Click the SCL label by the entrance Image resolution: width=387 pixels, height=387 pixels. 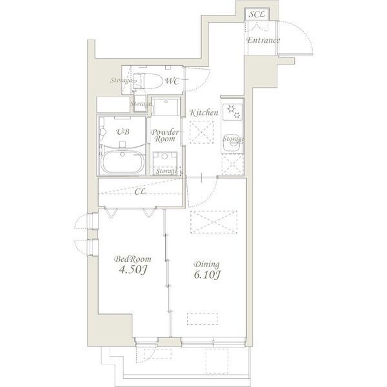coord(257,14)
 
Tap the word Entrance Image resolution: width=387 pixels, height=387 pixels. coord(263,40)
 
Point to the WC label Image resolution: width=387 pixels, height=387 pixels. coord(172,81)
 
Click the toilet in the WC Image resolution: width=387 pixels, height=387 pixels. coord(148,81)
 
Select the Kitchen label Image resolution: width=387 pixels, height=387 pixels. coord(204,113)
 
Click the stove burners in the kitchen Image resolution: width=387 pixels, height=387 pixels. coord(233,112)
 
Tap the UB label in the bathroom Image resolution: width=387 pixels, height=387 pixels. coord(123,132)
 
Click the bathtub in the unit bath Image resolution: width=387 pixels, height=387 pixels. coord(123,162)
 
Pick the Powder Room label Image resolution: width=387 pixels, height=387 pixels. coord(164,135)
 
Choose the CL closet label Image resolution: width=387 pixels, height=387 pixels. coord(140,192)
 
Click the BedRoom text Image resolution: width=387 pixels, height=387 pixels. coord(132,259)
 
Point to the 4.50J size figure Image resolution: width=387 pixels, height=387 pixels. coord(133,270)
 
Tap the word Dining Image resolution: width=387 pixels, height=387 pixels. coord(207,264)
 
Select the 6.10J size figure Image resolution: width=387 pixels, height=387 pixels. coord(207,275)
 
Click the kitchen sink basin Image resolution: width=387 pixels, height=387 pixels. coord(232,146)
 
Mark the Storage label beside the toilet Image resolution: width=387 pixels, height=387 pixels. coord(120,80)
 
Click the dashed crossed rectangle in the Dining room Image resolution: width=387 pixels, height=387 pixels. coord(213,222)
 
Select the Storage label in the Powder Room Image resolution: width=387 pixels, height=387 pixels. coord(166,171)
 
